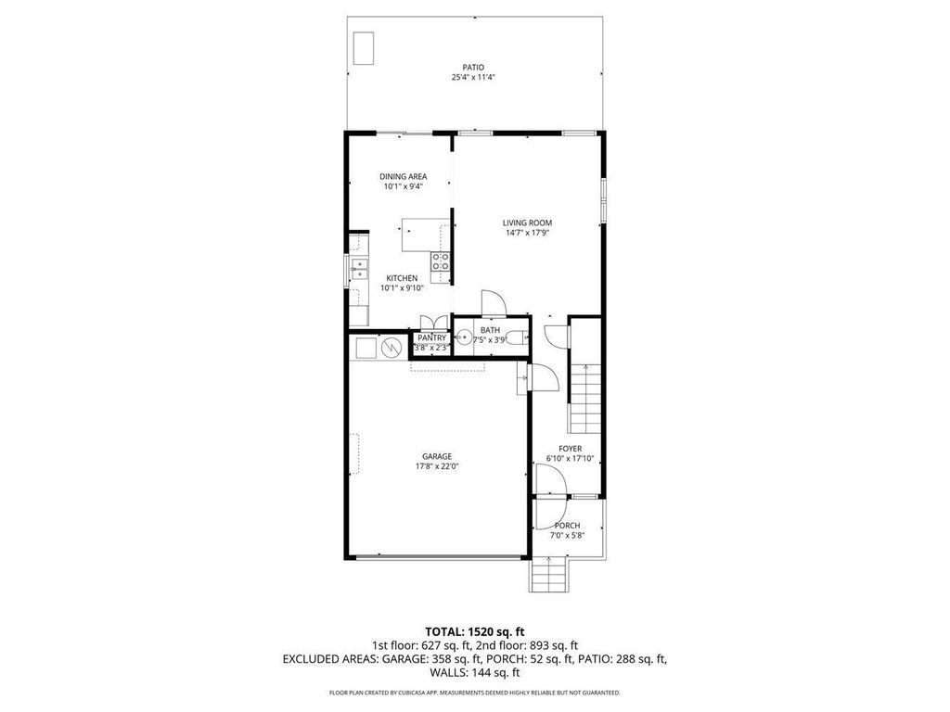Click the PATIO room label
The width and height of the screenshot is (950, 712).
click(473, 67)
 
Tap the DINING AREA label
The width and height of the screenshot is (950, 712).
click(404, 176)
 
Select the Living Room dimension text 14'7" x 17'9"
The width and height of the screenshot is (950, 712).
click(527, 233)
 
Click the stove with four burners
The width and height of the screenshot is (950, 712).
click(441, 261)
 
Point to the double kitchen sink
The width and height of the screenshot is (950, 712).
click(358, 270)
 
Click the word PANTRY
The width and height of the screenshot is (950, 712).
click(431, 337)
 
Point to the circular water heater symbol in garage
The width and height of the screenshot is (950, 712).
click(392, 348)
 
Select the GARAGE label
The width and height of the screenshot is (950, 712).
click(437, 456)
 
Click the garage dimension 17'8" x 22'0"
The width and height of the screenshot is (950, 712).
click(437, 466)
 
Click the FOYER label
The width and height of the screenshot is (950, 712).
click(570, 449)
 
